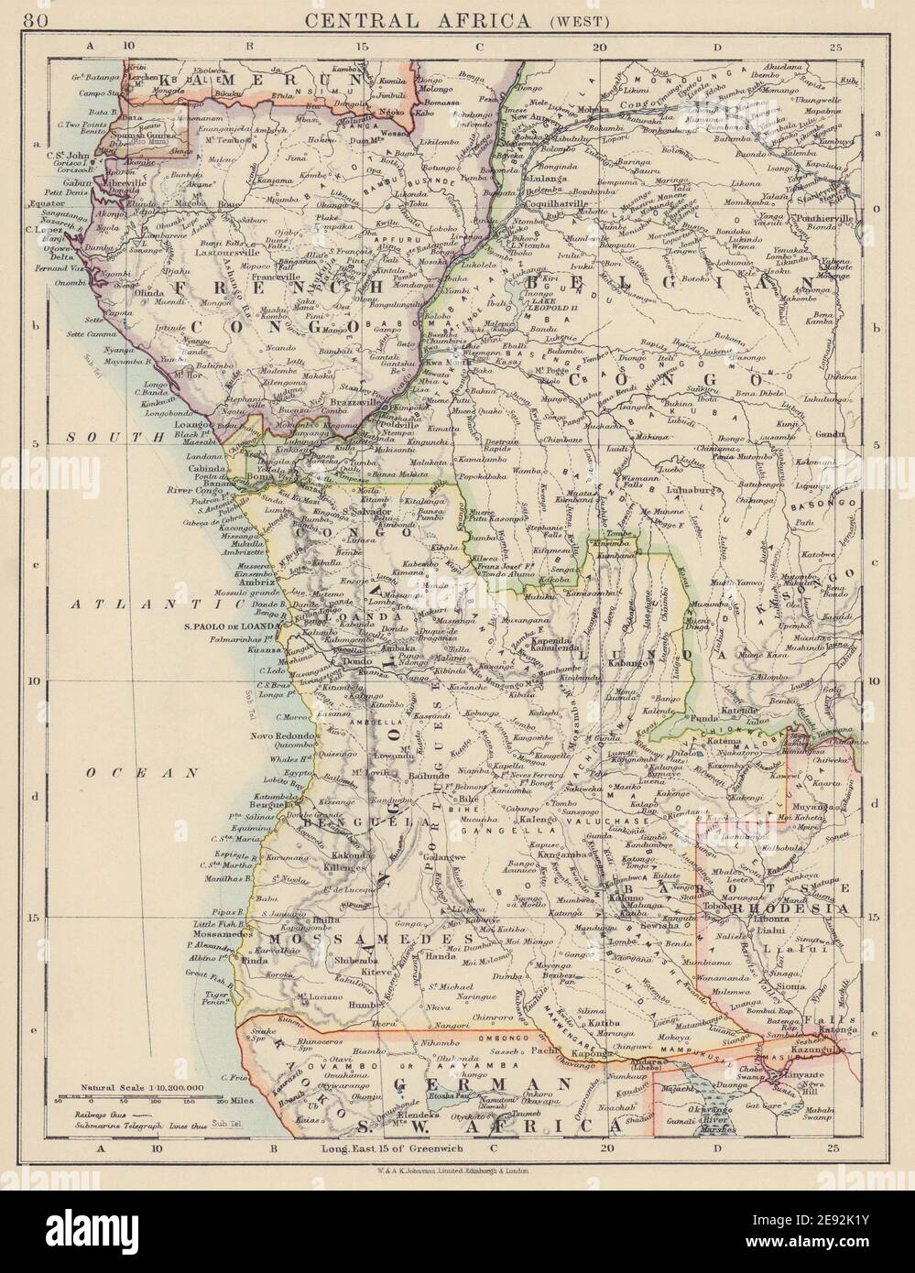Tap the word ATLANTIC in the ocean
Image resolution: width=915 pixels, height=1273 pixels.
pyautogui.click(x=118, y=604)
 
